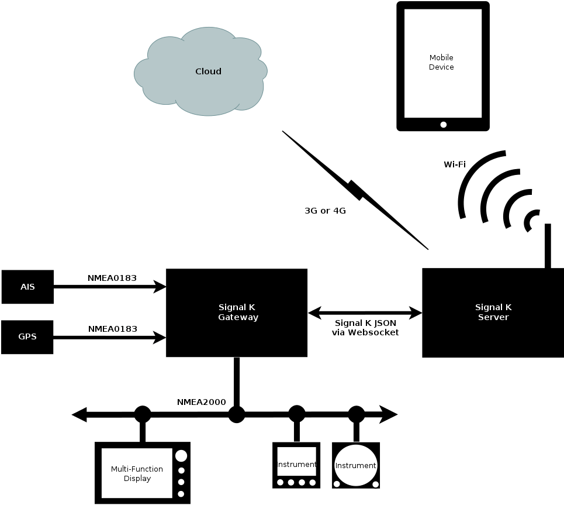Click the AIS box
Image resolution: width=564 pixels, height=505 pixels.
27,287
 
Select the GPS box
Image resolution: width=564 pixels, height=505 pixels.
27,337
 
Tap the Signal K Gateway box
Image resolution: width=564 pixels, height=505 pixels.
237,312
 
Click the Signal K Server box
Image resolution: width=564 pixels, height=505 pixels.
492,312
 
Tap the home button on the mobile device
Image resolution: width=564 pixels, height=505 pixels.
443,124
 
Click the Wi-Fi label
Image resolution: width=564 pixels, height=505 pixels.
454,164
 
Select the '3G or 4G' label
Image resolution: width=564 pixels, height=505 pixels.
325,211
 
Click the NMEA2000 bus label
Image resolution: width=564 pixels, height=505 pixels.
201,402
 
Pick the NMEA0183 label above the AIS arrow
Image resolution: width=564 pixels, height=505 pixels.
112,278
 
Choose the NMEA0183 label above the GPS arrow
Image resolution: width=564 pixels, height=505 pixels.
112,329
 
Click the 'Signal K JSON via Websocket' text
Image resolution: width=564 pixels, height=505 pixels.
366,328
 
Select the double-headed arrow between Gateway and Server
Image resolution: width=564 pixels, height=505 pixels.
365,313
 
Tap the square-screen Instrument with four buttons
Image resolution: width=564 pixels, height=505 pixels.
297,465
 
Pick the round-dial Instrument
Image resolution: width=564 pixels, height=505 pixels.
356,465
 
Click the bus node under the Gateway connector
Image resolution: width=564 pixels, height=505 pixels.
236,415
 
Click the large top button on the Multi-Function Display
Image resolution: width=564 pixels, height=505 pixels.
181,456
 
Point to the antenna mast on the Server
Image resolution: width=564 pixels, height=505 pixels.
548,246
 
